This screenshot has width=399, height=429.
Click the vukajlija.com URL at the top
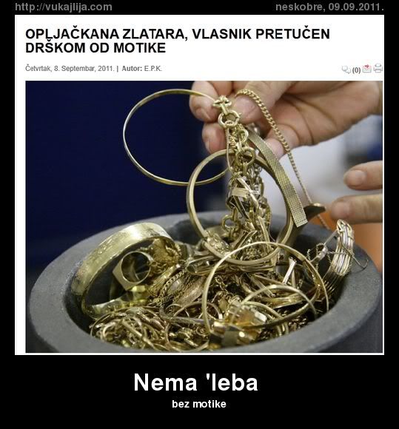(63, 7)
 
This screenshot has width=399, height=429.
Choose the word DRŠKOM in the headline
(52, 48)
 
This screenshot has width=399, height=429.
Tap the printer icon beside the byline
(378, 69)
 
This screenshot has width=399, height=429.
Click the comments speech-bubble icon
(346, 70)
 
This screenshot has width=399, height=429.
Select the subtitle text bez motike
(198, 404)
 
